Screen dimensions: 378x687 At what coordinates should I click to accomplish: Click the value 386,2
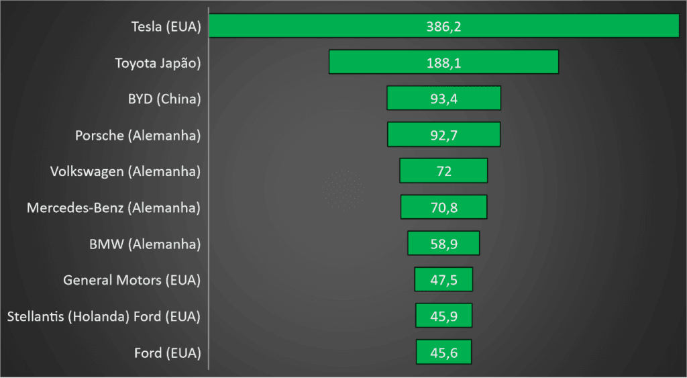point(444,27)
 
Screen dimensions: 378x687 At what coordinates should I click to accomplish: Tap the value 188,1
point(444,62)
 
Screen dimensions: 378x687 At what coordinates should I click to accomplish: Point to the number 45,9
point(444,316)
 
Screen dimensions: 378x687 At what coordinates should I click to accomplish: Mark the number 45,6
point(444,352)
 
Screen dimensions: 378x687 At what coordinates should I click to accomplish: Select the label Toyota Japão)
point(158,63)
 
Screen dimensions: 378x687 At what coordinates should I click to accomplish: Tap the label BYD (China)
point(164,99)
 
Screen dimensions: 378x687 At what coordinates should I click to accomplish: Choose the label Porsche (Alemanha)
point(138,135)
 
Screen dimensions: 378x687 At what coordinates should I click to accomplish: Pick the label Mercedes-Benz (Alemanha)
point(113,207)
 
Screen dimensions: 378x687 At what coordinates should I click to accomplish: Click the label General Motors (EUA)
point(131,280)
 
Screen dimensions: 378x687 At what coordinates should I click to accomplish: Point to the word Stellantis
point(36,316)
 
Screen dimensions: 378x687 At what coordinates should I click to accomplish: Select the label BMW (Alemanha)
point(145,244)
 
